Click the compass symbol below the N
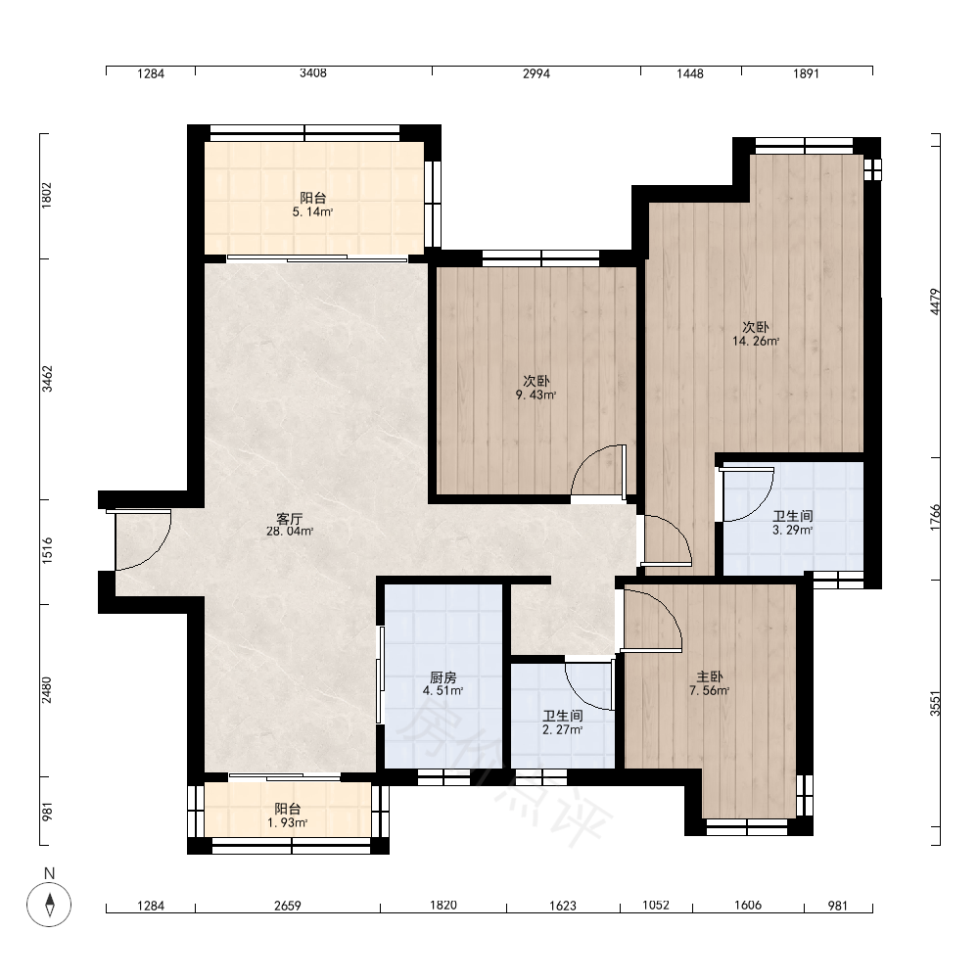click(49, 904)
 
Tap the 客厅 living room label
click(290, 518)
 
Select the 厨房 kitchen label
click(443, 677)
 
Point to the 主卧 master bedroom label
click(710, 676)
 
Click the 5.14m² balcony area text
click(313, 211)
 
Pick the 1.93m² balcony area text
click(287, 823)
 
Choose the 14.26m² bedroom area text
click(756, 341)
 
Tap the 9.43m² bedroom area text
click(536, 395)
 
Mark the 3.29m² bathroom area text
click(792, 530)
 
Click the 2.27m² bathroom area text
click(563, 729)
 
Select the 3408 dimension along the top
click(313, 73)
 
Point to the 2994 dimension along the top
click(536, 73)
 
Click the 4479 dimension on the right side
click(935, 302)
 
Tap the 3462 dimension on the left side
click(47, 379)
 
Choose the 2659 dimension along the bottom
click(288, 906)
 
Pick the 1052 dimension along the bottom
click(656, 905)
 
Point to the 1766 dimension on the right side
click(935, 518)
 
